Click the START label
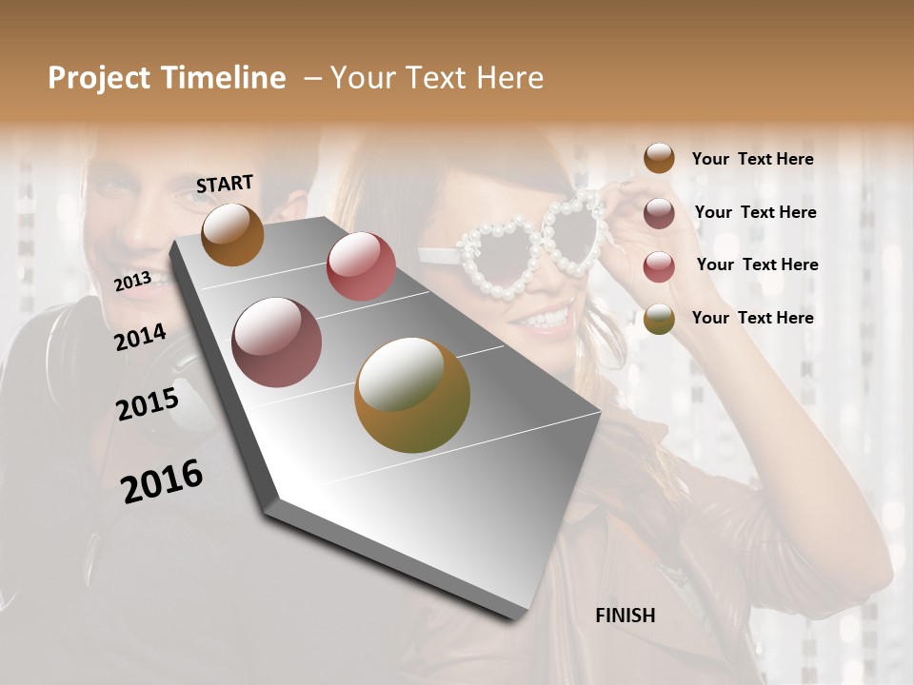[x=225, y=183]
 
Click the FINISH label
[x=625, y=616]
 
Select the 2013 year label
[x=132, y=281]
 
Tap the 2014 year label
[x=140, y=337]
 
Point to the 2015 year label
[x=148, y=404]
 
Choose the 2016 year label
[x=162, y=480]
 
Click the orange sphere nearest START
[x=232, y=234]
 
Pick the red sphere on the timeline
[x=361, y=266]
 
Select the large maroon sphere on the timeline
[x=277, y=342]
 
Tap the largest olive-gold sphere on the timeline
[x=412, y=395]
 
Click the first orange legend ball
[x=659, y=158]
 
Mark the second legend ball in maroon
[x=659, y=213]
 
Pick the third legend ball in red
[x=659, y=266]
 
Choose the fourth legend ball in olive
[x=659, y=320]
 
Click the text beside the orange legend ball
[x=752, y=159]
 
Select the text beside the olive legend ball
[x=752, y=318]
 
